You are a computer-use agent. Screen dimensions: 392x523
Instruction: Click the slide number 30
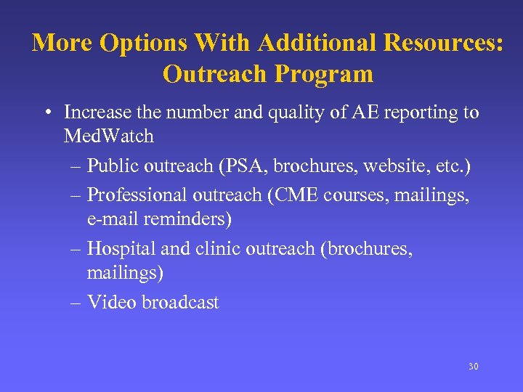[473, 367]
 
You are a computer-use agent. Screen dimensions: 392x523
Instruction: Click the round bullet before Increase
[46, 113]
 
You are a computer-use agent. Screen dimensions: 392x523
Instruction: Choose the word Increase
[95, 113]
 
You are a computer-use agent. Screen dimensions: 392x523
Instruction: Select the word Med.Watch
[108, 136]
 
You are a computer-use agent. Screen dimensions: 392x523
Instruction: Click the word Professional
[137, 195]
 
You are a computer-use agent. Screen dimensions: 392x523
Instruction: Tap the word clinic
[218, 249]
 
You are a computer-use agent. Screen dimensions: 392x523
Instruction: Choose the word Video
[112, 303]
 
